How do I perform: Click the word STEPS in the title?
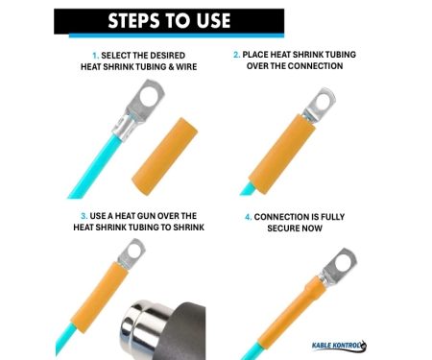tap(134, 21)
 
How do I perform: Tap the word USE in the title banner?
tap(213, 21)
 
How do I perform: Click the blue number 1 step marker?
tap(95, 56)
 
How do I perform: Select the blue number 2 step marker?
tap(236, 55)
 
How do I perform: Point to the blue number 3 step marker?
tap(84, 216)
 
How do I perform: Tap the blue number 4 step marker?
tap(249, 217)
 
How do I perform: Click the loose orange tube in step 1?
tap(165, 156)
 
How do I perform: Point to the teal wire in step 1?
tap(94, 165)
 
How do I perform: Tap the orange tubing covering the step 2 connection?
tap(281, 155)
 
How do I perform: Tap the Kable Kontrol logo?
tap(339, 346)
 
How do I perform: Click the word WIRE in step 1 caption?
tap(186, 67)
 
